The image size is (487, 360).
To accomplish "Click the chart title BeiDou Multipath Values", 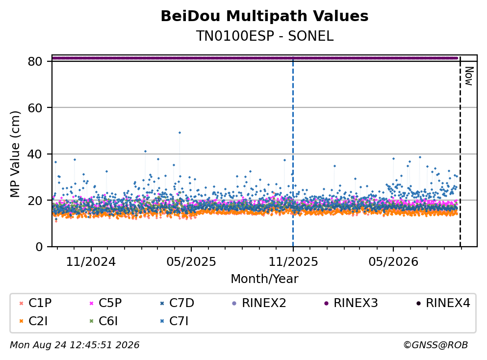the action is tap(264, 16).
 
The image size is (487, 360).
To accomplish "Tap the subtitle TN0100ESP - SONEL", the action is tap(264, 36).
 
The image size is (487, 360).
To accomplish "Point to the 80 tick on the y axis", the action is tap(35, 61).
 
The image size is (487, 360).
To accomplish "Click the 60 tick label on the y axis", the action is tap(35, 108).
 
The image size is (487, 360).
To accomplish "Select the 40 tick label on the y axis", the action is tap(35, 154).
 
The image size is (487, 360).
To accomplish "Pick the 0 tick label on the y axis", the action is tap(39, 247).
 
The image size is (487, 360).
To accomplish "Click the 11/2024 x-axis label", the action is tap(91, 262).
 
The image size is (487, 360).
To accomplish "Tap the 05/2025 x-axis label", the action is tap(191, 262).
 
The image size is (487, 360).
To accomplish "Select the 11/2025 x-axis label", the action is tap(293, 262).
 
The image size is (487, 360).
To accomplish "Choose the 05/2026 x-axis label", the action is tap(393, 262).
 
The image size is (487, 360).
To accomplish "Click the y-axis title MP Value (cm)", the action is tap(15, 154).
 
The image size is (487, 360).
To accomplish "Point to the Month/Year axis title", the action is tap(264, 279).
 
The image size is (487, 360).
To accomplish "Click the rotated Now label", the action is tap(469, 76).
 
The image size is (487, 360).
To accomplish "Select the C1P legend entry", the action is tap(36, 303).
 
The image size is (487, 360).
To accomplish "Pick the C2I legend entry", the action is tap(34, 321).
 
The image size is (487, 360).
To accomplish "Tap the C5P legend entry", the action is tap(106, 303).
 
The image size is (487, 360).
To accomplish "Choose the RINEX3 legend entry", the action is tap(351, 303).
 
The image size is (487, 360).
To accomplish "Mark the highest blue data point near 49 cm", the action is tap(179, 132).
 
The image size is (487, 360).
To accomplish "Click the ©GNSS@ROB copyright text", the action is tap(436, 345).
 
